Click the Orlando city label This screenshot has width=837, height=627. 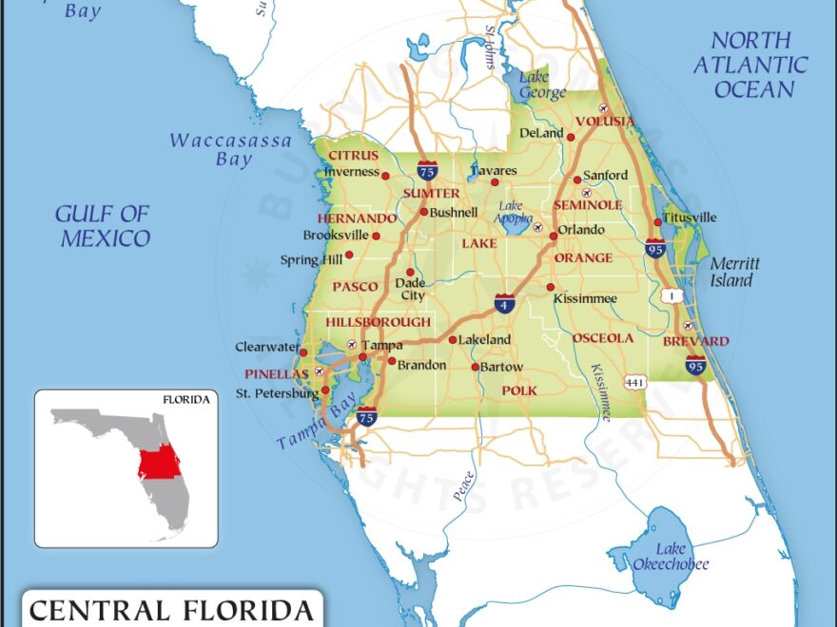point(581,230)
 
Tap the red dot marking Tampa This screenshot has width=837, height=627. point(362,357)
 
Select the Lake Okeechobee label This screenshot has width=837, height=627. point(670,557)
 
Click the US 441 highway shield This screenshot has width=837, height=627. point(634,381)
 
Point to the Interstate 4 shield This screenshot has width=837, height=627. point(505,304)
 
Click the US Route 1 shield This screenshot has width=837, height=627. point(675,295)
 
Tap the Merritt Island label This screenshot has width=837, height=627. point(731,273)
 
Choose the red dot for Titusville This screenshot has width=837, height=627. point(657,222)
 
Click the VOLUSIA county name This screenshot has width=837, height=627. point(605,122)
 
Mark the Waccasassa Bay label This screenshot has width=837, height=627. point(231,150)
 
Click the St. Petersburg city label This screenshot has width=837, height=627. point(277,393)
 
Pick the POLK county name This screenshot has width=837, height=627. point(519,390)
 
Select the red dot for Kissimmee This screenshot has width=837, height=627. point(550,287)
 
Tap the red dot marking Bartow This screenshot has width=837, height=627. point(476,367)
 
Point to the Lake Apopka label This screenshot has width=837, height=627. point(512,211)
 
